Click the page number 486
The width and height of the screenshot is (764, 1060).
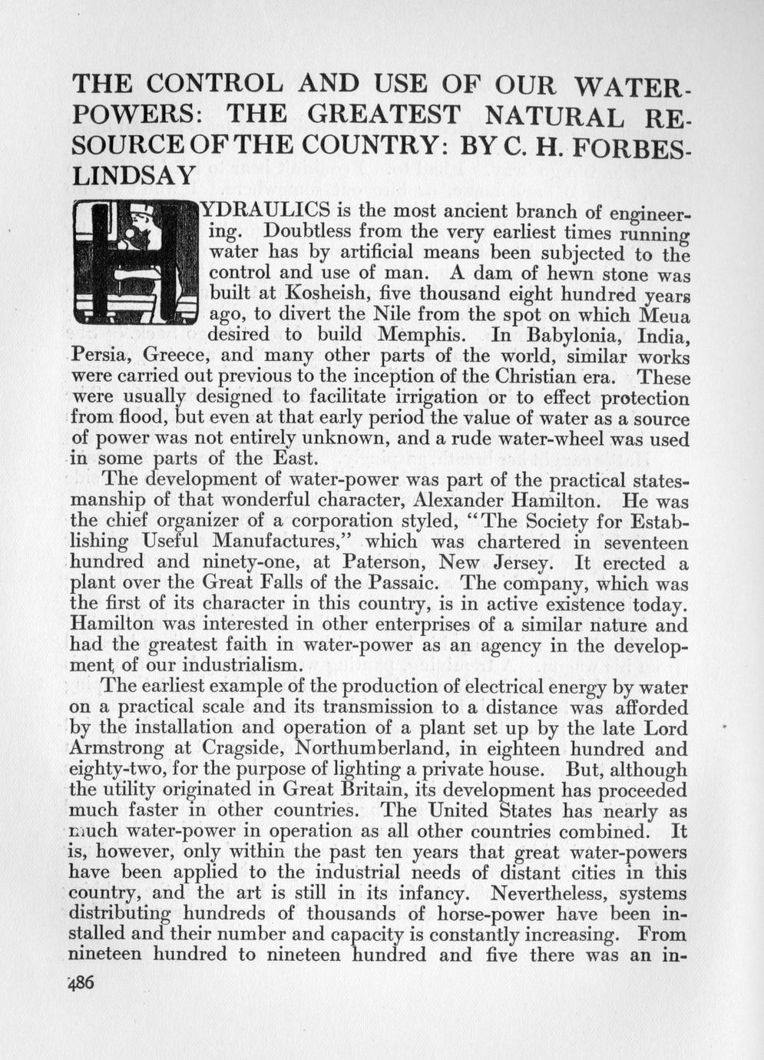(81, 984)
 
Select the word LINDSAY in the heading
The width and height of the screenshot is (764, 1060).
(134, 174)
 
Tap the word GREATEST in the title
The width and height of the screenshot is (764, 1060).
(383, 115)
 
